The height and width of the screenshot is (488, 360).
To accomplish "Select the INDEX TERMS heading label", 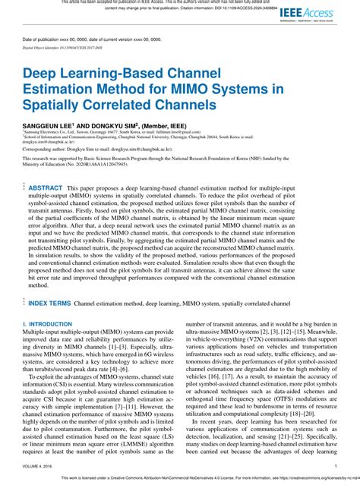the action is coord(49,303).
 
